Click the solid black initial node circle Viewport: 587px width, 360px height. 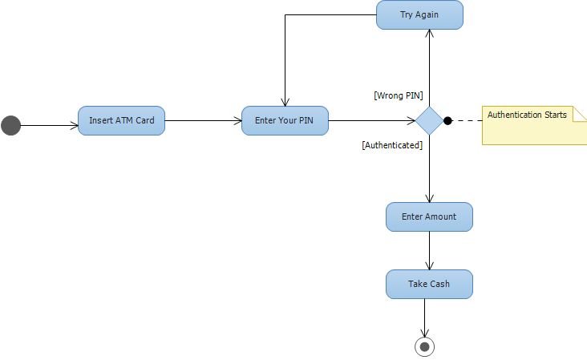point(10,125)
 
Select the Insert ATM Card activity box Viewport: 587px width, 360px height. point(121,121)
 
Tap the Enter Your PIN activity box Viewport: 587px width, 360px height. point(285,121)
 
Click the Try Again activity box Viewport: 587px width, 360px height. point(419,15)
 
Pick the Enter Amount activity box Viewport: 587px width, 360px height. point(429,216)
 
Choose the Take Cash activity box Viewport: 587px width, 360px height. point(429,284)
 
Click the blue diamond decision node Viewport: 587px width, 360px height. point(429,121)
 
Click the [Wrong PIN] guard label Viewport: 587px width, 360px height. point(399,95)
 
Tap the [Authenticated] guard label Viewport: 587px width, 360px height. point(392,145)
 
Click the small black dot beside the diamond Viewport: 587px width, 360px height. point(447,121)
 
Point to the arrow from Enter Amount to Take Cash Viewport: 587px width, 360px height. point(429,250)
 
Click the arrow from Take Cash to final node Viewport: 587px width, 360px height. point(425,317)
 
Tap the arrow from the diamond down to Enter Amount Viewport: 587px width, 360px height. point(429,168)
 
